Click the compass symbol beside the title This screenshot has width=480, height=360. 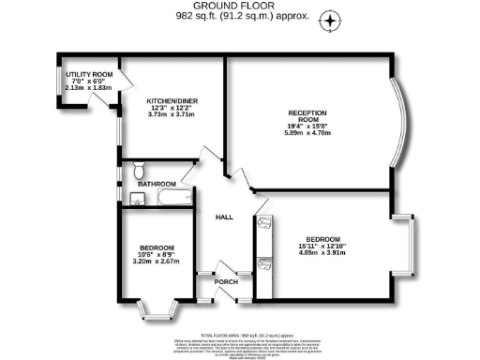tap(330, 20)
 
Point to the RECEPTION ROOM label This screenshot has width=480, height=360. tap(307, 117)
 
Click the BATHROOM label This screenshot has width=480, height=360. tap(157, 184)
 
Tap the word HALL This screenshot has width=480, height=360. tap(224, 217)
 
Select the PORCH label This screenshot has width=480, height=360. tap(225, 281)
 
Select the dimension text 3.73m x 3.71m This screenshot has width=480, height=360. tap(170, 114)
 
